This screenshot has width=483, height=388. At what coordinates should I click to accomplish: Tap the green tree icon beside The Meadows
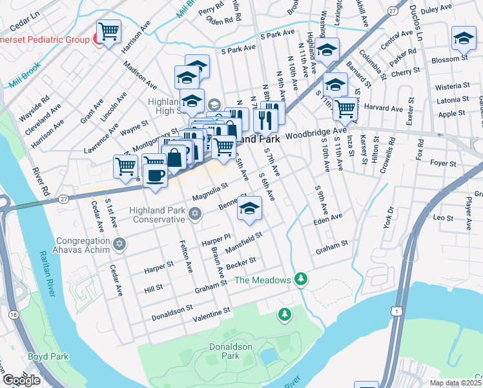pos(300,279)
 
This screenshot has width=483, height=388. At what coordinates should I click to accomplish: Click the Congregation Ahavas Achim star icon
pos(118,244)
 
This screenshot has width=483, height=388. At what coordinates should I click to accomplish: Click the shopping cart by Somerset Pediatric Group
pos(109,31)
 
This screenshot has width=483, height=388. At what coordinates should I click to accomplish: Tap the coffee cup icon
pos(155,176)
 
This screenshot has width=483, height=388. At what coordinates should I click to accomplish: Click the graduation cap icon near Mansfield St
pos(249,208)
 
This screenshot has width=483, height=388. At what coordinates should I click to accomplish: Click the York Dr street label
pos(388,218)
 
